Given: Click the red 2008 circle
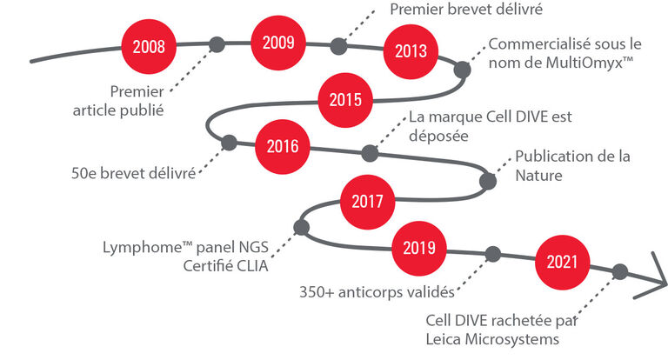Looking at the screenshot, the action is [149, 46].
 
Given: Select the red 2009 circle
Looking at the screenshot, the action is [278, 43].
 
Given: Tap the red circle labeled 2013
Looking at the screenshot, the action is [411, 51].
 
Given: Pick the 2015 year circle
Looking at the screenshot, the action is [345, 100].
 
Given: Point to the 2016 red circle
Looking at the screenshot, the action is [283, 147].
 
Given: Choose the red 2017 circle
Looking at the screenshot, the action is [367, 202].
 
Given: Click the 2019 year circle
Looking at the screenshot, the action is [418, 248].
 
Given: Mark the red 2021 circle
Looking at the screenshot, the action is [562, 262].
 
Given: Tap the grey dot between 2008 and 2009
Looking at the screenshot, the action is [217, 44].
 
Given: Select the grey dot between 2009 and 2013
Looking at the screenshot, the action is [338, 46].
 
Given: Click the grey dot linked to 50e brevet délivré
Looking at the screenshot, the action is [229, 143].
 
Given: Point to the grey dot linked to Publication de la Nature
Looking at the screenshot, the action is [488, 181].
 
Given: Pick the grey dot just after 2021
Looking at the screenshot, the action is [620, 271].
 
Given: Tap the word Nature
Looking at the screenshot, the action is [538, 175].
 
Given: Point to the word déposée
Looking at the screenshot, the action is [438, 137].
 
